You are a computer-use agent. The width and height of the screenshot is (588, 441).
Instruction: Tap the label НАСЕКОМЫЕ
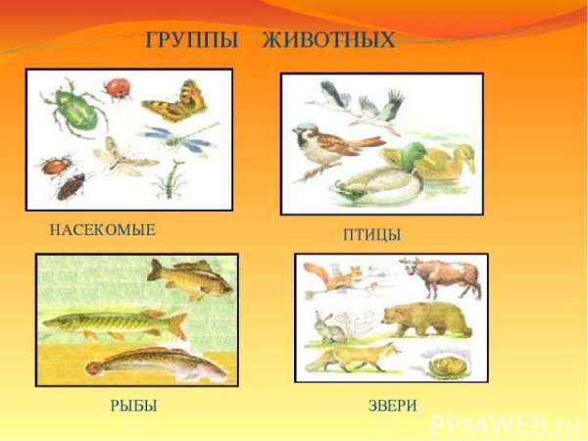[x=103, y=229]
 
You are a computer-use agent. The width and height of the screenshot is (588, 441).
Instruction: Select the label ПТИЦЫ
[x=371, y=235]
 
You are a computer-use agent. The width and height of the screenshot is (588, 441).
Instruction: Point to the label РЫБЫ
[x=134, y=406]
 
